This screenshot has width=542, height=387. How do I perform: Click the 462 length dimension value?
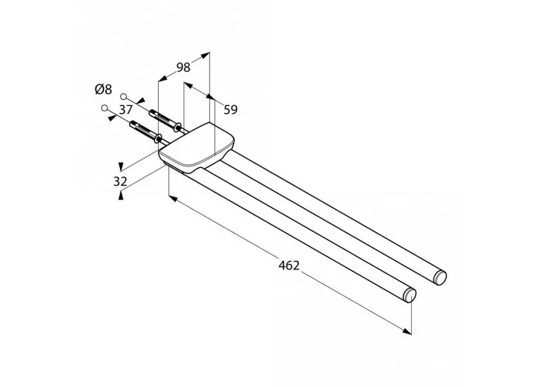click(x=289, y=265)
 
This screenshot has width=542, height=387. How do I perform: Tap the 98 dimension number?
click(x=184, y=67)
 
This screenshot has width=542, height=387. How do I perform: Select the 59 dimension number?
click(x=231, y=110)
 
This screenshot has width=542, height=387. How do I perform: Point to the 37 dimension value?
click(x=125, y=110)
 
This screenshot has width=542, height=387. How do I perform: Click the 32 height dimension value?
click(x=120, y=181)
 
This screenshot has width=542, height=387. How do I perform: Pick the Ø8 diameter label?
click(x=103, y=90)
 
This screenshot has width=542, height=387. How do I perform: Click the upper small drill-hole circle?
click(x=123, y=96)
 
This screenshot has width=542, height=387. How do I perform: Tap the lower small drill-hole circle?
click(x=105, y=108)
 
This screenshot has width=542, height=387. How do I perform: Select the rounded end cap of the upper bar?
click(x=440, y=277)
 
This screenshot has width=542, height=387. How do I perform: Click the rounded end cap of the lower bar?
click(x=410, y=295)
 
